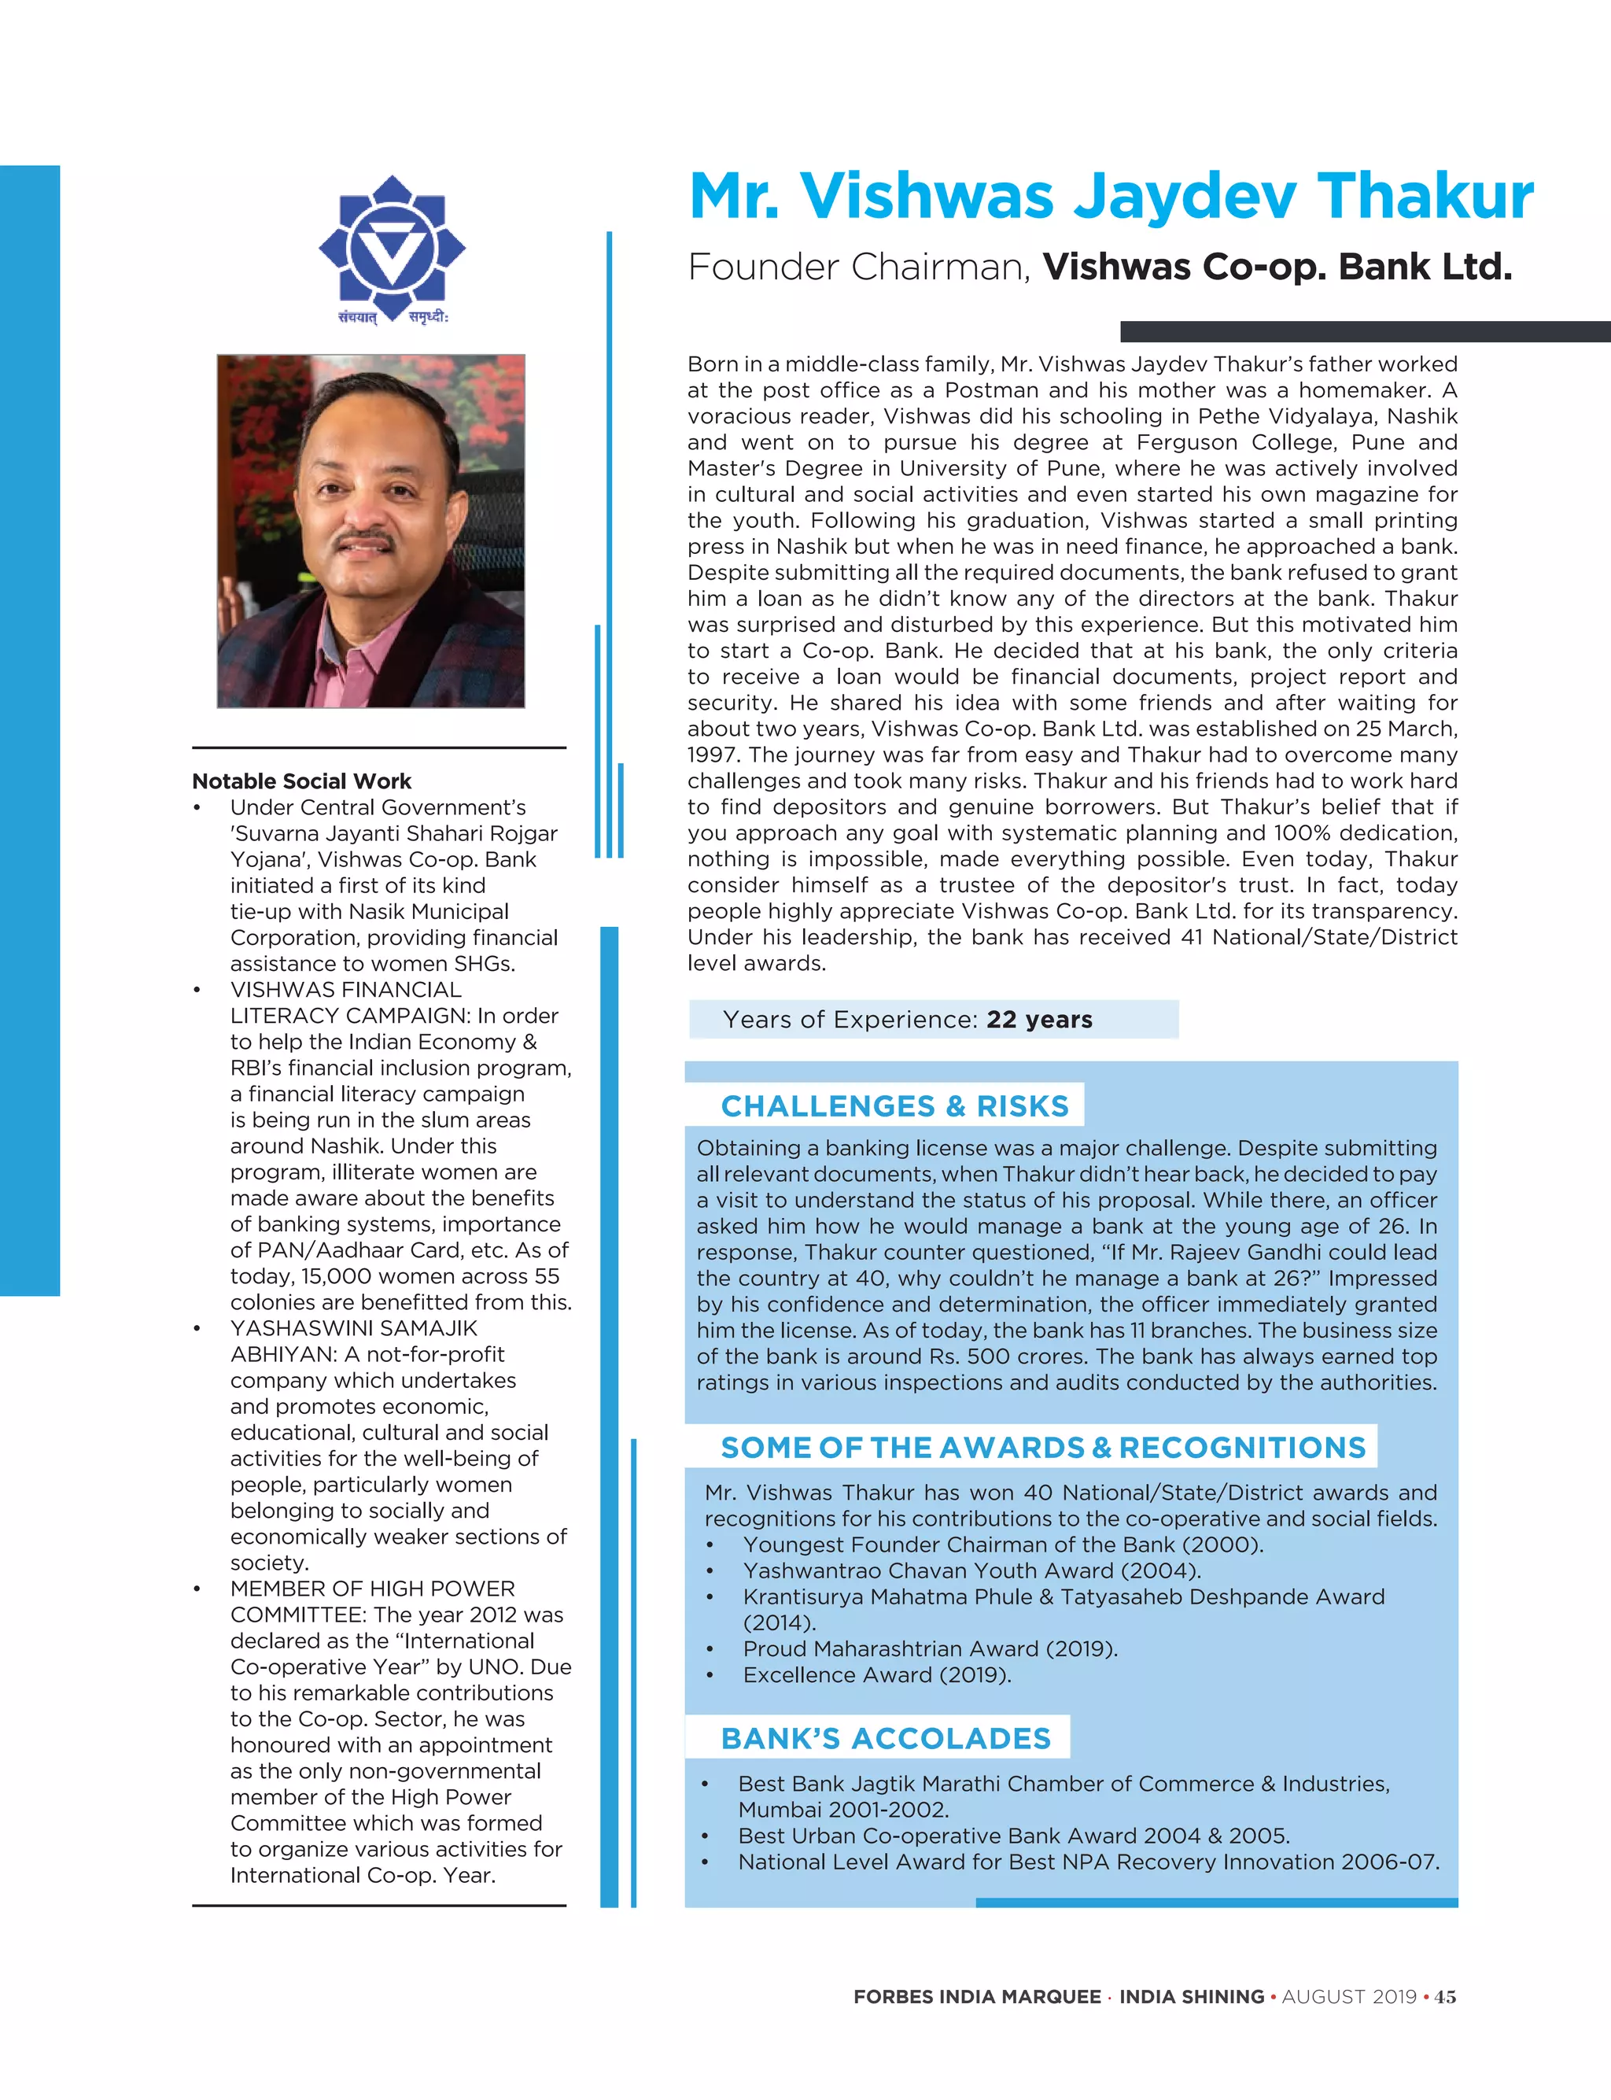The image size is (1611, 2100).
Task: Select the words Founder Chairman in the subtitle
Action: click(858, 268)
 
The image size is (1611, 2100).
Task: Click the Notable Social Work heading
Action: click(301, 781)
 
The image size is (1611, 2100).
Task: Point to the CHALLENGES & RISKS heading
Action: click(894, 1105)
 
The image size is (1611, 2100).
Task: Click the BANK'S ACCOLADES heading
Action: click(885, 1739)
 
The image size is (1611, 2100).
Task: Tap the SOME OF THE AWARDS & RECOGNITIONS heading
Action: click(1042, 1447)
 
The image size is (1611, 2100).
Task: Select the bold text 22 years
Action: click(1039, 1020)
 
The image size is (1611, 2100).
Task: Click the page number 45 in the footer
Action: click(1444, 1996)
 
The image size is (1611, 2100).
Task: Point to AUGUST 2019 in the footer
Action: click(1348, 1996)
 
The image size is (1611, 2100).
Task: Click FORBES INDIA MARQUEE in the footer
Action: click(976, 1996)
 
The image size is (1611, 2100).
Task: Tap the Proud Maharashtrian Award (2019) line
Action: click(929, 1648)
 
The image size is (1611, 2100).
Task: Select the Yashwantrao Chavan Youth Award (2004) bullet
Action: click(971, 1570)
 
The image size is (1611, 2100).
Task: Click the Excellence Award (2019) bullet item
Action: click(876, 1674)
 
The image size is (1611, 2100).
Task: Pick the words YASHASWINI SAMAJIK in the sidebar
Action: click(353, 1328)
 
